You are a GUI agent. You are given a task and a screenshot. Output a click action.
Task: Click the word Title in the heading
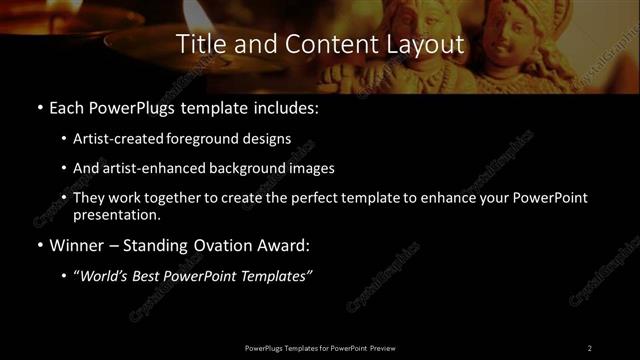click(198, 45)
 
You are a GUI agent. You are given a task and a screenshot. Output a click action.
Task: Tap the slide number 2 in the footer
click(589, 348)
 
